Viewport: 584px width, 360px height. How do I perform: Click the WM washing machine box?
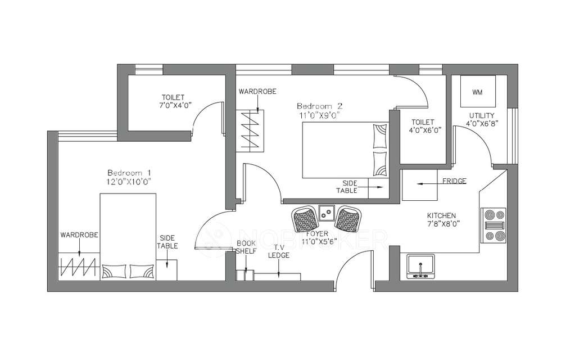tap(477, 91)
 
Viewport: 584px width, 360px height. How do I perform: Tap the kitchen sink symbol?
tap(419, 267)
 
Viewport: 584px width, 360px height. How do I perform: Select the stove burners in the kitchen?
tap(494, 224)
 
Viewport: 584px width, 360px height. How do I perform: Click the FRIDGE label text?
tap(453, 181)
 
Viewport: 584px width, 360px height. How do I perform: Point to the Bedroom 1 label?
tap(129, 172)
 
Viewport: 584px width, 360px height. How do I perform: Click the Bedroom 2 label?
tap(319, 106)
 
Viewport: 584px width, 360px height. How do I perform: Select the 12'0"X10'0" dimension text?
tap(129, 181)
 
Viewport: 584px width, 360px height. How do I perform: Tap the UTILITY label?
tap(482, 115)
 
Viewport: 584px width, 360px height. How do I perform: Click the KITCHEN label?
tap(441, 215)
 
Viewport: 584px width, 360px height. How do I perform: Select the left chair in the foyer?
tap(305, 219)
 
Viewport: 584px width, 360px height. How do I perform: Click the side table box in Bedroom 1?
tap(167, 269)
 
